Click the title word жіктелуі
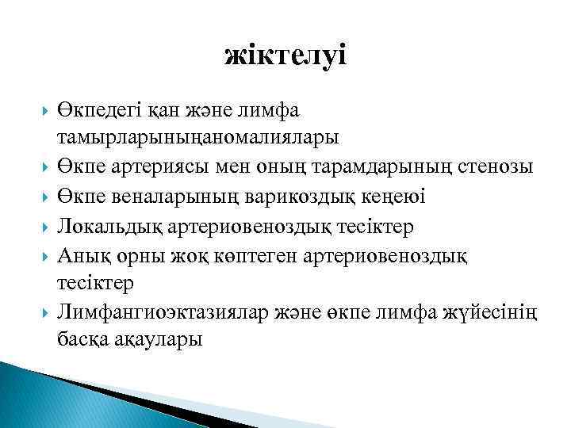(285, 55)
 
